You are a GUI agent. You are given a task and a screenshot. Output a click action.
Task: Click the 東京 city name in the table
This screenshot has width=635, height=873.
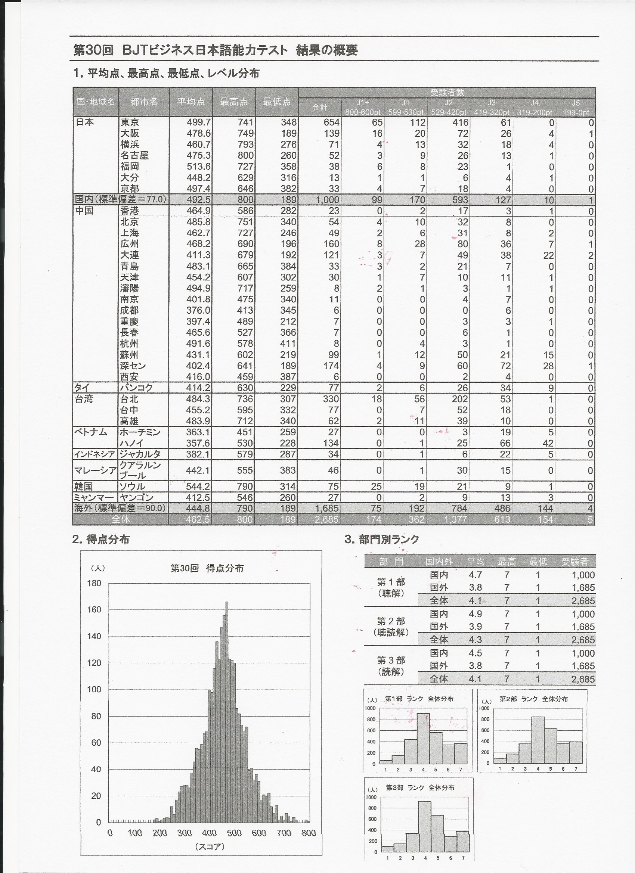click(130, 122)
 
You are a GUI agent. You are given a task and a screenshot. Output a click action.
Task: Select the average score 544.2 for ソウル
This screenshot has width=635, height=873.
click(198, 486)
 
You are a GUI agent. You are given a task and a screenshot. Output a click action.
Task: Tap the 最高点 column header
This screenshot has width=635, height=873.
click(233, 102)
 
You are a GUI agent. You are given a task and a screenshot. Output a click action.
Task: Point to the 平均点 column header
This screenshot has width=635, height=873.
click(190, 102)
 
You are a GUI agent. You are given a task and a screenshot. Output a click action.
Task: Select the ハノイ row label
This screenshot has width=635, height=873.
click(132, 443)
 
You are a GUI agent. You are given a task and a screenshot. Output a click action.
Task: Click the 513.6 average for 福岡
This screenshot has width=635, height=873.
click(198, 167)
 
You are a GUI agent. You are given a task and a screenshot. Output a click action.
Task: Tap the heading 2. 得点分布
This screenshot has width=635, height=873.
click(101, 540)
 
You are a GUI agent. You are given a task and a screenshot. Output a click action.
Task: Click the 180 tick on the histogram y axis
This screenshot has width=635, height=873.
click(94, 583)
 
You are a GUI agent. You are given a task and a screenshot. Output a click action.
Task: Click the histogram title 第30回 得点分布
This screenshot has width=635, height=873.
click(207, 569)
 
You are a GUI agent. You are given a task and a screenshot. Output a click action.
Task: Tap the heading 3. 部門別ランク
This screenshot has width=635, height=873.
click(382, 540)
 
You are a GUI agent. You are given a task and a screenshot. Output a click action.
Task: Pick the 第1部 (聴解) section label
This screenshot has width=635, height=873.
click(391, 587)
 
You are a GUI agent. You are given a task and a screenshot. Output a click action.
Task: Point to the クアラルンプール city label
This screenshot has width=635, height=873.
click(140, 470)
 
